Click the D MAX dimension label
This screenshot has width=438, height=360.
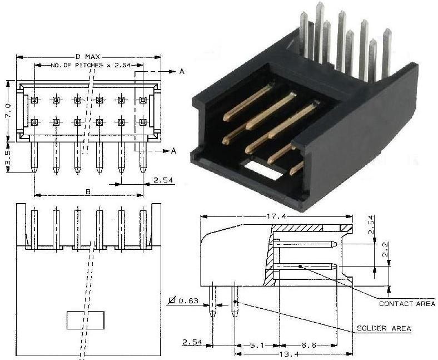coord(86,57)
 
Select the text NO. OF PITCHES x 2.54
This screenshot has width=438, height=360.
coord(91,65)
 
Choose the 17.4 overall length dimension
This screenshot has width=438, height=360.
coord(275,215)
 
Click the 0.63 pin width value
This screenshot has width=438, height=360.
coord(190,301)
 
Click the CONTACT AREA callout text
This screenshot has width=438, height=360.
coord(407,303)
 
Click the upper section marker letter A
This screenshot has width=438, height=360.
coord(182,72)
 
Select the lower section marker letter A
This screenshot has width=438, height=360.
coord(173,151)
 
